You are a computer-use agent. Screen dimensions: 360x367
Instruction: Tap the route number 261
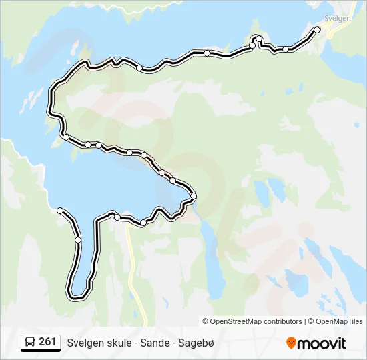tap(47, 342)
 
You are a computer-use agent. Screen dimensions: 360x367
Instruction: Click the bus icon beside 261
tap(30, 343)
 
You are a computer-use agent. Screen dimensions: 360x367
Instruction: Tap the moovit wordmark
tap(322, 343)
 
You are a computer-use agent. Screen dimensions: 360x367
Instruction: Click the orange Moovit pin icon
tap(291, 343)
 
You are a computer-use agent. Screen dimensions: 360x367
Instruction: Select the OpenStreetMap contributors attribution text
tap(256, 321)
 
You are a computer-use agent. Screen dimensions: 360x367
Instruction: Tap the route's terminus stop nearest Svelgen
tap(317, 29)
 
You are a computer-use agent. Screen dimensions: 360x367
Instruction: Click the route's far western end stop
tap(61, 211)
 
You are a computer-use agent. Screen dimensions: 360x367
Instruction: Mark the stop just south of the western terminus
tap(78, 239)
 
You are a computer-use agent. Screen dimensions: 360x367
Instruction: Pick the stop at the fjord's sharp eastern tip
tap(194, 196)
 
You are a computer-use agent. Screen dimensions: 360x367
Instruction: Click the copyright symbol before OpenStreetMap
tap(206, 321)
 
